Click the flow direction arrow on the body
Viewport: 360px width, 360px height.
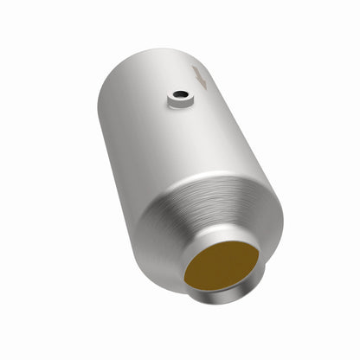[201, 79]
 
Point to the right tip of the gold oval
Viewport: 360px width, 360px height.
[257, 251]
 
